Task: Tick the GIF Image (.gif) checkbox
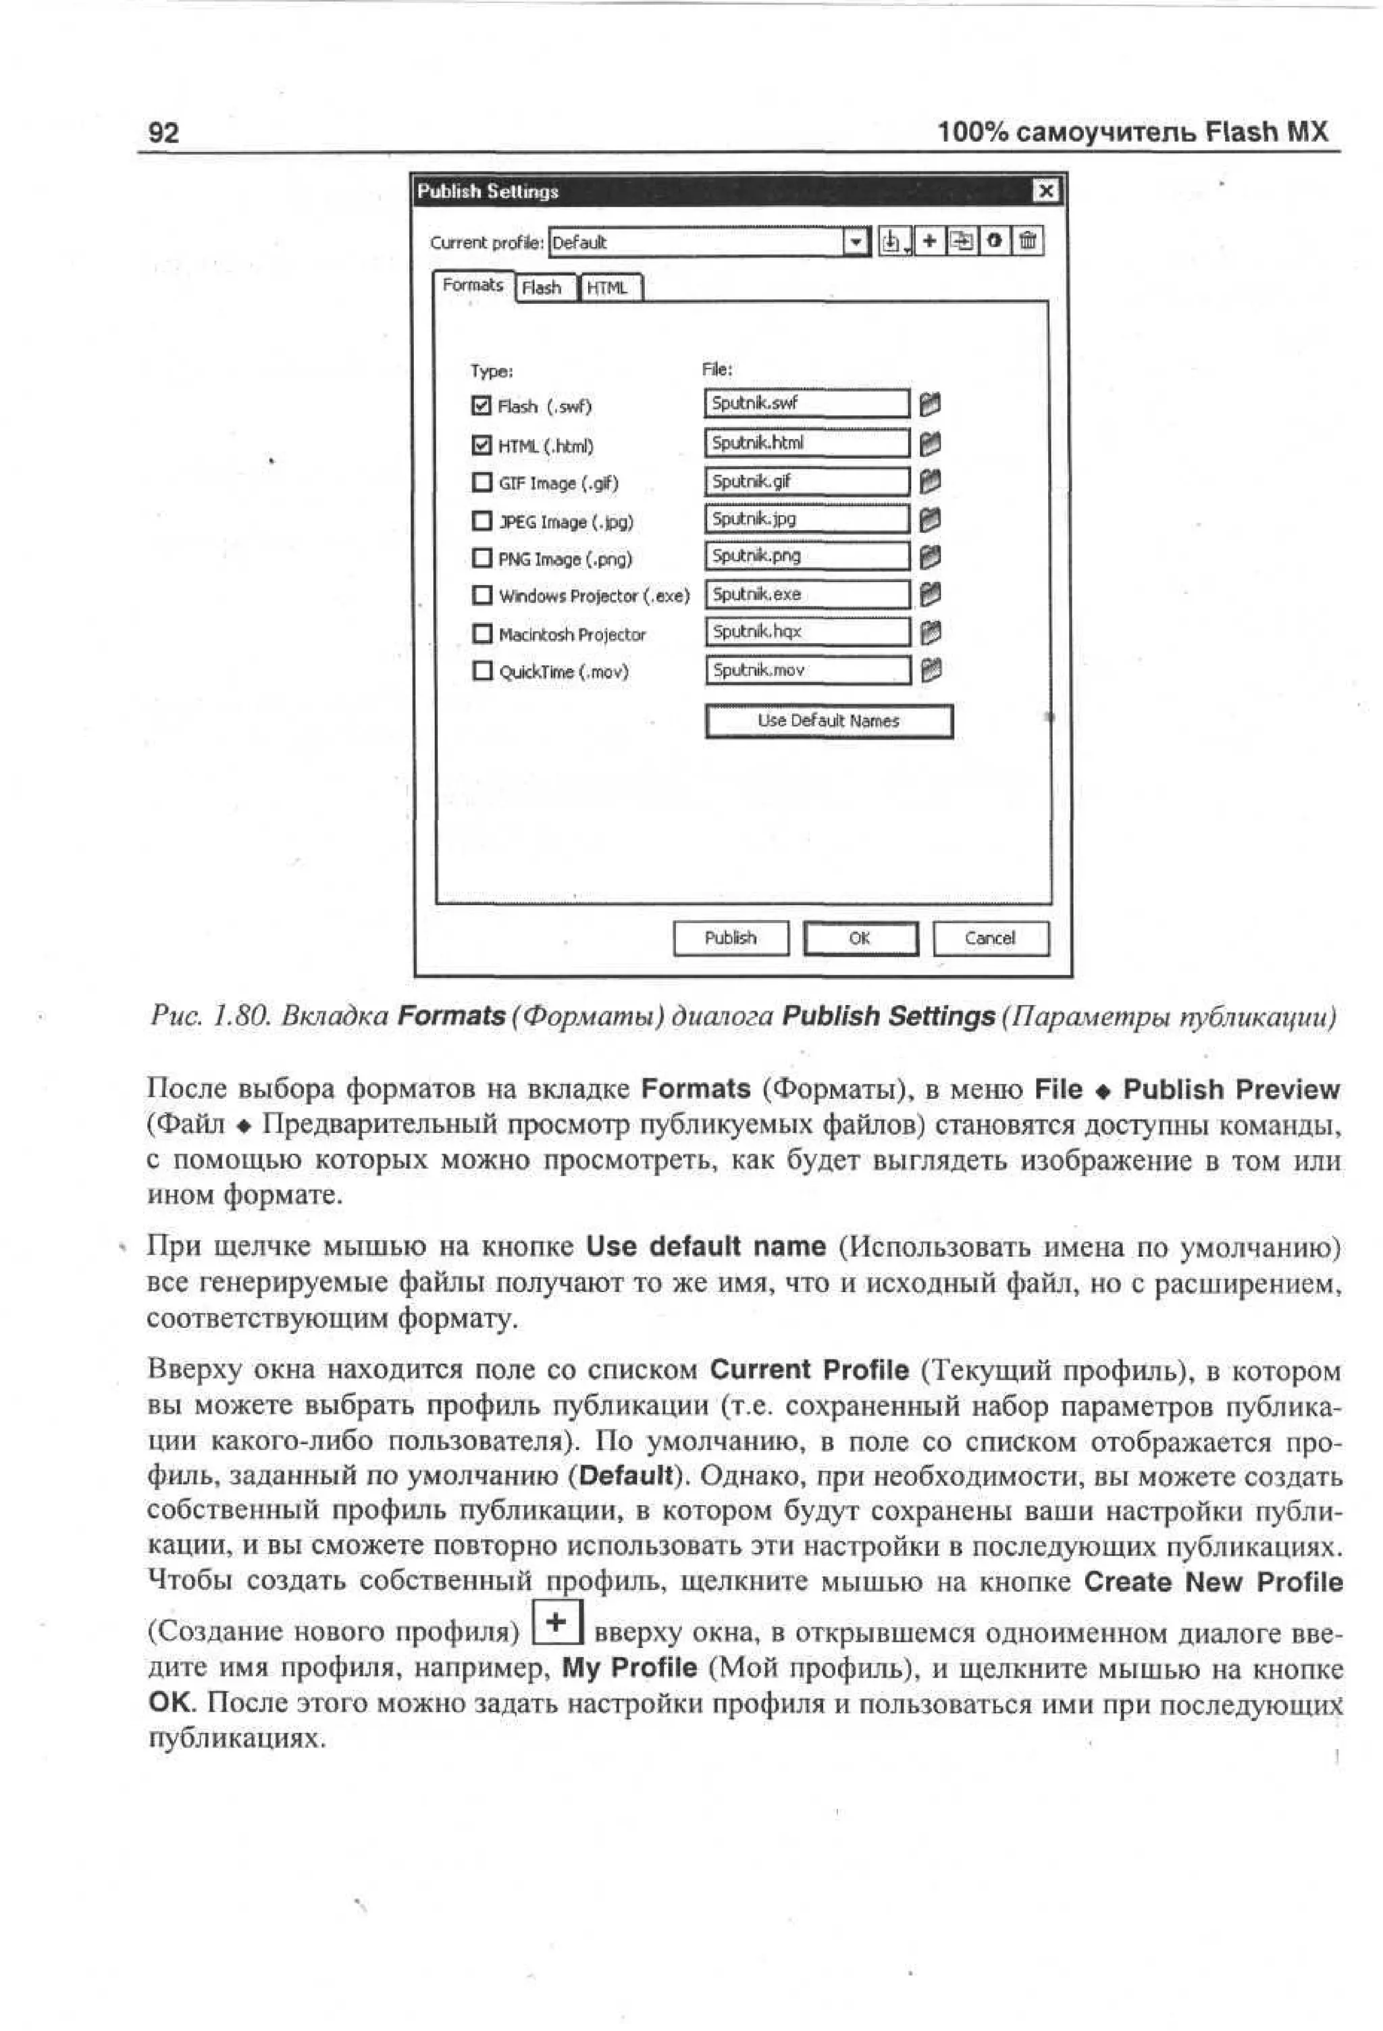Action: click(481, 482)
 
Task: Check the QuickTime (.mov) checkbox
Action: click(481, 670)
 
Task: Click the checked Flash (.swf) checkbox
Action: click(481, 405)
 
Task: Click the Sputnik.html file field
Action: click(806, 443)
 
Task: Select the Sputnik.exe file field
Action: click(806, 594)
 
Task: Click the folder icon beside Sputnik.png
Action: click(931, 557)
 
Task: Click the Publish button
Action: click(731, 937)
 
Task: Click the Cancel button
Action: click(990, 937)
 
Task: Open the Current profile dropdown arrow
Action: click(857, 241)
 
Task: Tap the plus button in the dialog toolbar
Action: click(930, 240)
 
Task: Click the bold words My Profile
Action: click(629, 1668)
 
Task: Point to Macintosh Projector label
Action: click(571, 634)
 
